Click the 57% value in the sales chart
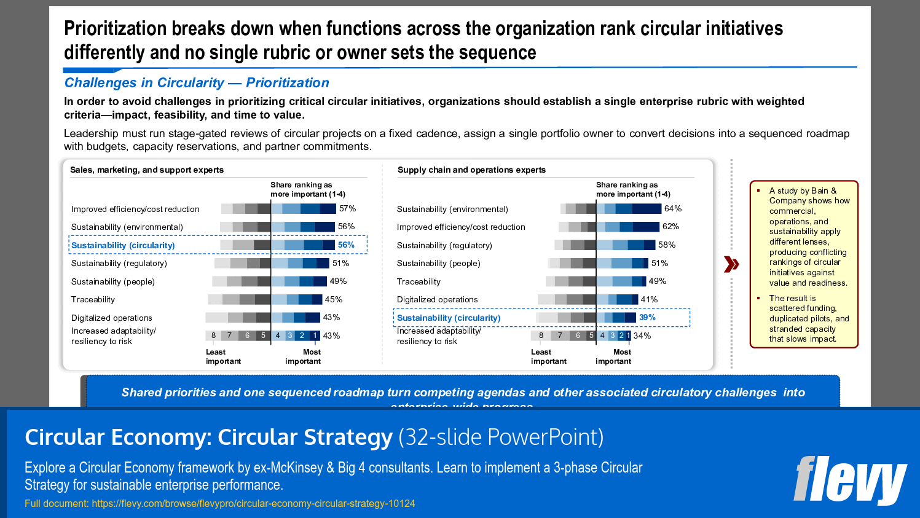tap(347, 209)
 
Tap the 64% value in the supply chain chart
tap(673, 209)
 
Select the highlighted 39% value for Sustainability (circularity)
tap(647, 318)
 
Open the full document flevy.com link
tap(253, 504)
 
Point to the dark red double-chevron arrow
tap(731, 264)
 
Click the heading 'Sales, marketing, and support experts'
tap(147, 170)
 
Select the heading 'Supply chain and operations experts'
tap(471, 170)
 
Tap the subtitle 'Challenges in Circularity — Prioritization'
tap(197, 83)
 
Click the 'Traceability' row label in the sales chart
tap(93, 300)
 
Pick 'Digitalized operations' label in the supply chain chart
tap(437, 300)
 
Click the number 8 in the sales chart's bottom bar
tap(214, 336)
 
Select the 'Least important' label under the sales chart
tap(223, 357)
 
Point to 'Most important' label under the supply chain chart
tap(613, 357)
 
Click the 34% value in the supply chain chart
tap(642, 336)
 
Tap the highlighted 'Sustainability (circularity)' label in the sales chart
tap(123, 246)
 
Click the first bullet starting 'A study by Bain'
tap(808, 237)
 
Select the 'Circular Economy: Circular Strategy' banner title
tap(208, 438)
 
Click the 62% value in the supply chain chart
tap(670, 227)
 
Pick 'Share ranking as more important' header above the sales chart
tap(308, 189)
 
